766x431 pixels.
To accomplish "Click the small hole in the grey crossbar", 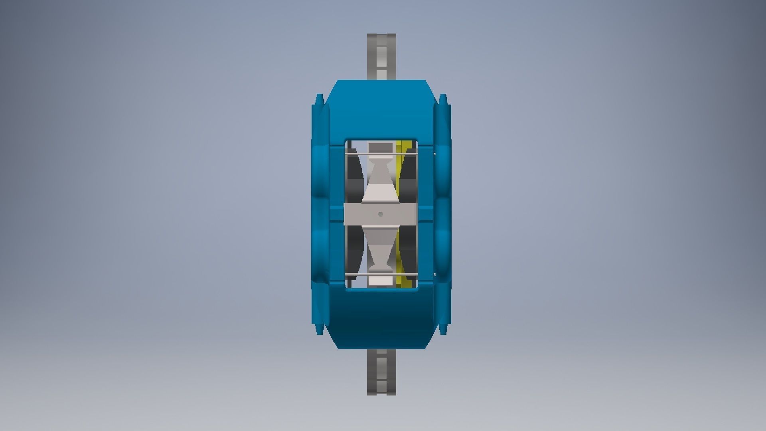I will pos(381,214).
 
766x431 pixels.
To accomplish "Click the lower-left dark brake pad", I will pos(353,249).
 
